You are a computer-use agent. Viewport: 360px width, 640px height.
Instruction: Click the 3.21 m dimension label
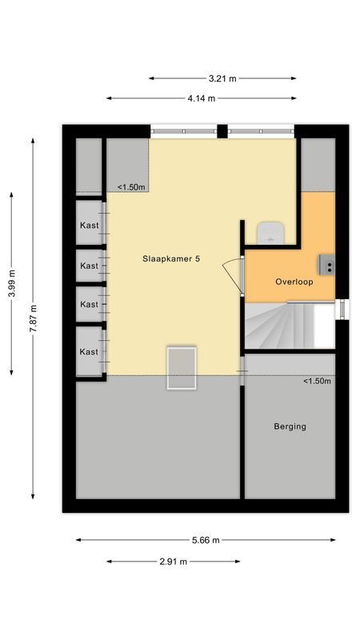[x=222, y=78]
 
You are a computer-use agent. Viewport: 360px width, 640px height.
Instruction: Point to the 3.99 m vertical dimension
[x=11, y=282]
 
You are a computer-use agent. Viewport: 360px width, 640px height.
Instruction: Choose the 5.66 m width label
[x=206, y=540]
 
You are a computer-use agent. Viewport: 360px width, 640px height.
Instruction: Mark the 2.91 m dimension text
[x=173, y=562]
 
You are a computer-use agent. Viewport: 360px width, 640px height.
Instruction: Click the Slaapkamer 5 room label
[x=171, y=258]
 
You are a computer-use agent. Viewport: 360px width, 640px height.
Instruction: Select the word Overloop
[x=294, y=282]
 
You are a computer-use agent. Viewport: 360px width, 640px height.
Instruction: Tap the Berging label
[x=290, y=426]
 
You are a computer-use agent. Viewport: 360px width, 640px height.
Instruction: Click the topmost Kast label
[x=89, y=226]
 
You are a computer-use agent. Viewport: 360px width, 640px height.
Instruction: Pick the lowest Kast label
[x=89, y=352]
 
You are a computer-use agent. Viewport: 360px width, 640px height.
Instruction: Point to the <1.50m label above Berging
[x=317, y=381]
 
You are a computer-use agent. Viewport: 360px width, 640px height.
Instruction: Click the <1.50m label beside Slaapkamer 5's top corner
[x=132, y=187]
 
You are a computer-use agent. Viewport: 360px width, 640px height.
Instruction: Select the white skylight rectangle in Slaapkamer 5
[x=182, y=367]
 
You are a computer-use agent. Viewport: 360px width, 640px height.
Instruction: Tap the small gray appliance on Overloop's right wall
[x=327, y=263]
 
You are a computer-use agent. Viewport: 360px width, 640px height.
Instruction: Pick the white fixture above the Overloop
[x=270, y=231]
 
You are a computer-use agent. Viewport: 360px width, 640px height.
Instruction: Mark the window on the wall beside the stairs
[x=342, y=310]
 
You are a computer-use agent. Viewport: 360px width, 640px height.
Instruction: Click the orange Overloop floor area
[x=280, y=264]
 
